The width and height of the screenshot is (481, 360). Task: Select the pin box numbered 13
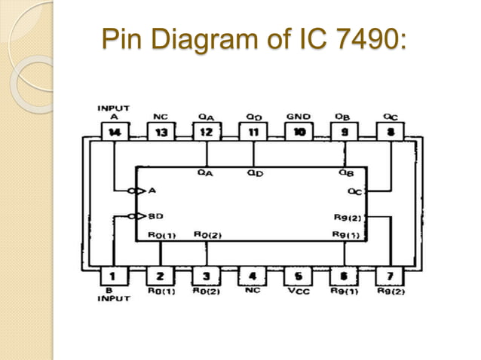[160, 133]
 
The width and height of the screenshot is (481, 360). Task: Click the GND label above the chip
[298, 117]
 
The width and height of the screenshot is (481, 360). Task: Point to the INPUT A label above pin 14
[113, 112]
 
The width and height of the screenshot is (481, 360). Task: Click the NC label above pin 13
[160, 117]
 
